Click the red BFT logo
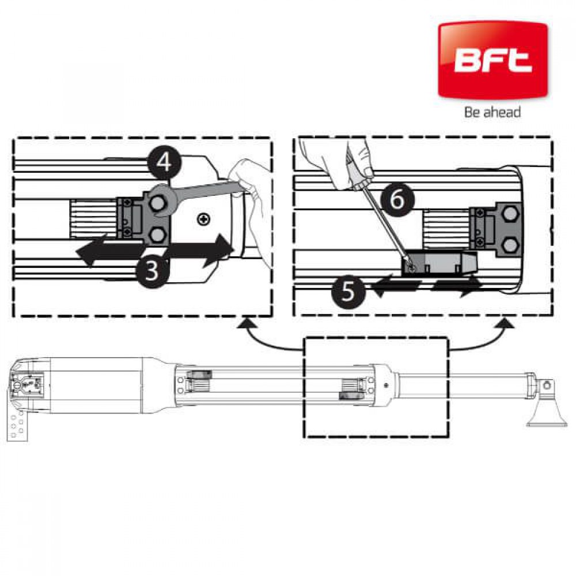coord(492,60)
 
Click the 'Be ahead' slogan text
coord(492,112)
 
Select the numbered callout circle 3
coord(153,271)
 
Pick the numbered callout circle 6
coord(397,200)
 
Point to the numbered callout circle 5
coord(348,291)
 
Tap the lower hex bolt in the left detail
coord(157,234)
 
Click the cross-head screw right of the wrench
coord(203,219)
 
